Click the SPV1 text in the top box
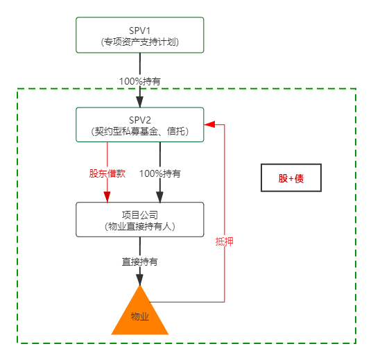(139, 31)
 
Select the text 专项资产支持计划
(140, 42)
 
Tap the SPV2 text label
(140, 120)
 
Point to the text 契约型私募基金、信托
(140, 131)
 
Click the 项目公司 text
(140, 215)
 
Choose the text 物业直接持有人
(140, 226)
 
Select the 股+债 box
(291, 178)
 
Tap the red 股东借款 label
(107, 173)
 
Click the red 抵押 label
(225, 242)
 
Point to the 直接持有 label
(140, 262)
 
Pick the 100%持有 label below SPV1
(140, 81)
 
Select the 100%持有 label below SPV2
(160, 173)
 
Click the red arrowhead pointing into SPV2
(209, 124)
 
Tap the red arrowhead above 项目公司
(107, 197)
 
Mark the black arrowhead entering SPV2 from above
(140, 102)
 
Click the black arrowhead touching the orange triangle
(140, 280)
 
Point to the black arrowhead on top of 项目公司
(160, 197)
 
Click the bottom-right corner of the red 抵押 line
(225, 302)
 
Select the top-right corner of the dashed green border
(356, 89)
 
